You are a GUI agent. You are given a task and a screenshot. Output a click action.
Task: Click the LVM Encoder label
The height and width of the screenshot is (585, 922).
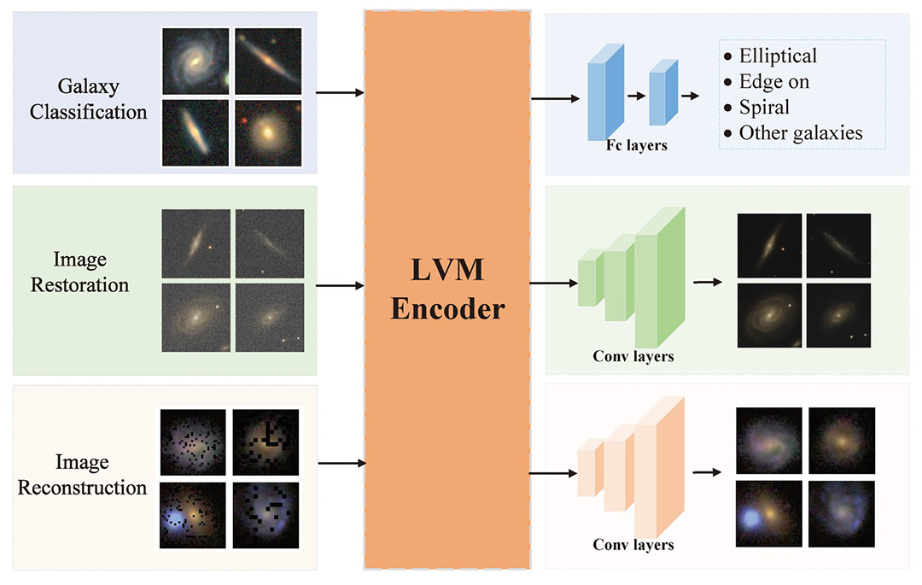coord(448,290)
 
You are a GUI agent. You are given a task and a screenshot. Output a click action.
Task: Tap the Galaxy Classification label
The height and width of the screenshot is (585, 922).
coord(89,99)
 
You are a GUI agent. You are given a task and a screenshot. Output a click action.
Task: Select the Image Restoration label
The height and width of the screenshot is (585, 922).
coord(79,272)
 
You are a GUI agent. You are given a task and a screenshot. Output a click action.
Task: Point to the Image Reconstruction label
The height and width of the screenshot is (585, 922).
coord(83,476)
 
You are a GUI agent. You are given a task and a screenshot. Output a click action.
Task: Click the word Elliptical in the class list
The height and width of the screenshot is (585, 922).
coord(778,56)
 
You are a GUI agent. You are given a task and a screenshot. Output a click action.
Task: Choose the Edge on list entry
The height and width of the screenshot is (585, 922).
coord(773,82)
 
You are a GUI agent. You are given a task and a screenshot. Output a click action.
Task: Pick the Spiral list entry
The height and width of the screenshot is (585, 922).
coord(764,108)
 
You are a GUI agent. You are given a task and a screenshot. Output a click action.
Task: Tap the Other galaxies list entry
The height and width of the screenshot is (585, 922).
coord(801,133)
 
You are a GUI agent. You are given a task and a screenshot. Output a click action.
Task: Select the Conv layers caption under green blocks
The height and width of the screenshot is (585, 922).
coord(633,356)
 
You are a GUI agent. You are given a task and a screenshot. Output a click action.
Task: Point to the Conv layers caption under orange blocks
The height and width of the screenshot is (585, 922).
coord(633,545)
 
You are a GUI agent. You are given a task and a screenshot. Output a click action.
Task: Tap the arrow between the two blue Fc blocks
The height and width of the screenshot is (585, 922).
coord(637,97)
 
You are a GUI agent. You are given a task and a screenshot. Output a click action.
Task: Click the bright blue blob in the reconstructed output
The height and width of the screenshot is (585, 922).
coord(752,518)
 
